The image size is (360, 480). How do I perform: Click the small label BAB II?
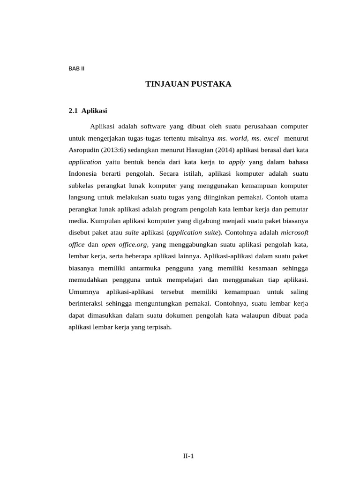tap(76, 68)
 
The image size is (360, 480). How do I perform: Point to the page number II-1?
tap(188, 456)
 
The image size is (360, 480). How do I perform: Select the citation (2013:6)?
tap(119, 150)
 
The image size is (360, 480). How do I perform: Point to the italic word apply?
tap(237, 162)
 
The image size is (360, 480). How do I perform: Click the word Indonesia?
tap(84, 173)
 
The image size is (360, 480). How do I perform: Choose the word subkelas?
tap(82, 185)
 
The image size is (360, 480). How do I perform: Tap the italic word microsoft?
tap(294, 232)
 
